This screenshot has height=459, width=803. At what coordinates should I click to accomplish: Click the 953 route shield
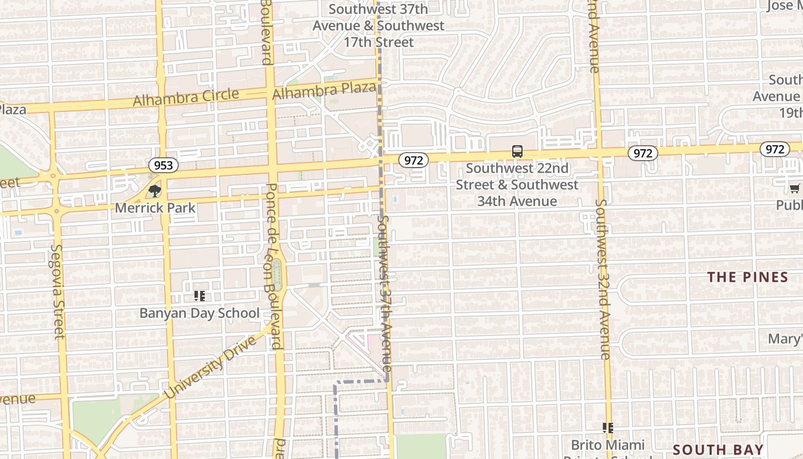pyautogui.click(x=163, y=165)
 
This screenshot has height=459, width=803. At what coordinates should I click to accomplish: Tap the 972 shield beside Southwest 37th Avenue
pyautogui.click(x=414, y=160)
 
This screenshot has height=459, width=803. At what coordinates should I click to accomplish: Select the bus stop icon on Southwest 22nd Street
pyautogui.click(x=517, y=151)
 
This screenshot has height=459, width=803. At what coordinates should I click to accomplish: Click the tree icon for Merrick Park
pyautogui.click(x=154, y=191)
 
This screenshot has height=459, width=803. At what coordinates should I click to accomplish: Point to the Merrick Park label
pyautogui.click(x=155, y=208)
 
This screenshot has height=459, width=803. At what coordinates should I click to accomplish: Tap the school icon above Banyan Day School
pyautogui.click(x=200, y=296)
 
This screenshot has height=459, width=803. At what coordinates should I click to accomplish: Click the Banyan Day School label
pyautogui.click(x=200, y=313)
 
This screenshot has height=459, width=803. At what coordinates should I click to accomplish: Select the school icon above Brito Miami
pyautogui.click(x=608, y=427)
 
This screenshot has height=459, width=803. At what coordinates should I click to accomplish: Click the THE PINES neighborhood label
pyautogui.click(x=747, y=277)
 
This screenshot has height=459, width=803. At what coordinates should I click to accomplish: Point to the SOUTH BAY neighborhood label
pyautogui.click(x=718, y=450)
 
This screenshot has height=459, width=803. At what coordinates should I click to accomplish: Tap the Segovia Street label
pyautogui.click(x=58, y=291)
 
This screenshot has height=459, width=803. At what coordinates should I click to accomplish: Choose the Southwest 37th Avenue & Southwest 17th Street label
pyautogui.click(x=379, y=26)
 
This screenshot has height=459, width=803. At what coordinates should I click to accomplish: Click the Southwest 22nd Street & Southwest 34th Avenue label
pyautogui.click(x=517, y=184)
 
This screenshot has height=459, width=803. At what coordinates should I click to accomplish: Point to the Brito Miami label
pyautogui.click(x=608, y=445)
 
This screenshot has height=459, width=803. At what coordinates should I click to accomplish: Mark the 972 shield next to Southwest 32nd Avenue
pyautogui.click(x=643, y=153)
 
